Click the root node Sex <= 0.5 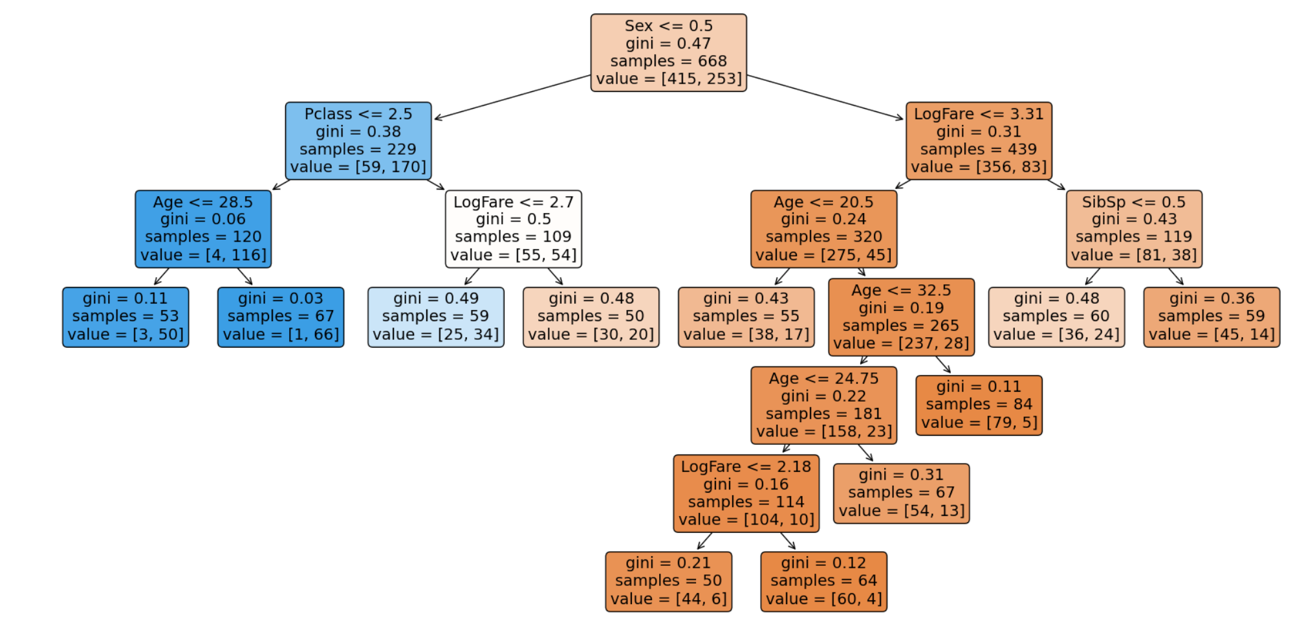pos(668,52)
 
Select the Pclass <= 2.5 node pos(358,141)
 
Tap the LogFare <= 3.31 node pos(979,141)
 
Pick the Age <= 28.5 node pos(203,229)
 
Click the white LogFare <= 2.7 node pos(513,229)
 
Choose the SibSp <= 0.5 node pos(1134,229)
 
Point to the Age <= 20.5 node pos(823,229)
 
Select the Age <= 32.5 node pos(901,317)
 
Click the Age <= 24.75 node pos(823,405)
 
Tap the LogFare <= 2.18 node pos(746,493)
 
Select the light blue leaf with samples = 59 pos(435,317)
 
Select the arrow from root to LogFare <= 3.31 pos(825,97)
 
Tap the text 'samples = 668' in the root pos(668,61)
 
